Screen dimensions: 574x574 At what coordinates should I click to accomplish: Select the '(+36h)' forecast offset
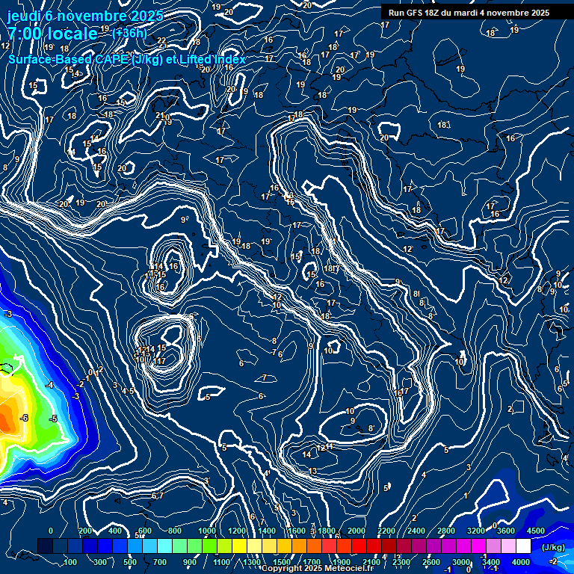129,33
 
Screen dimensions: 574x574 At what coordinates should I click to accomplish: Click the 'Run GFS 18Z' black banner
469,13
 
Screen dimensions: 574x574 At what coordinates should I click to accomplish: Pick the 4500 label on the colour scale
536,531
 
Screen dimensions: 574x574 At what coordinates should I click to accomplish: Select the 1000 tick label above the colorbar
207,531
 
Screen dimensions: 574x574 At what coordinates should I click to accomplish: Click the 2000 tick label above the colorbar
357,531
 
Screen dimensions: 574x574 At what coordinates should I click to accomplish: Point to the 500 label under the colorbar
130,562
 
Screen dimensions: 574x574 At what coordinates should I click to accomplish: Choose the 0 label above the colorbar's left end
50,531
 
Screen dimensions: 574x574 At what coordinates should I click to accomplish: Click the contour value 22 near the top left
161,41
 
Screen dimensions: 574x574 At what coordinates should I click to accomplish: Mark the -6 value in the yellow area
24,418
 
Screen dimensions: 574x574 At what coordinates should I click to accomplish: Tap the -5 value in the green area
53,419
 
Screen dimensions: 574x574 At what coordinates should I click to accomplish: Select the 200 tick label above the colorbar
85,531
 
